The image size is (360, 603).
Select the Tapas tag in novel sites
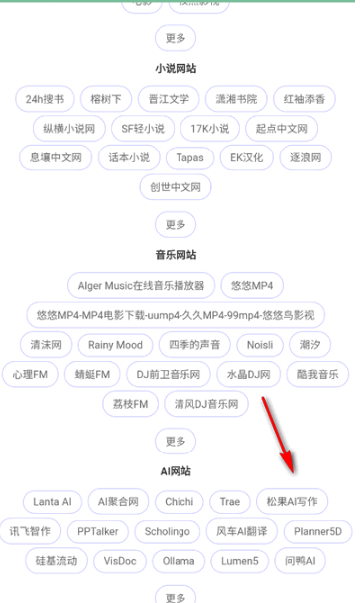[189, 157]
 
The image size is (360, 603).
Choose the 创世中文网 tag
[176, 187]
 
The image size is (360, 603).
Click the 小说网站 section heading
[176, 69]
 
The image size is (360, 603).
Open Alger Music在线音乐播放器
[141, 285]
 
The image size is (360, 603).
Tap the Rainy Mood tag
[115, 345]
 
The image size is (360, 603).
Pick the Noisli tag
[262, 345]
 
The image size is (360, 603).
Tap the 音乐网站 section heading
[176, 255]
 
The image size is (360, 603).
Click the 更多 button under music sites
[176, 441]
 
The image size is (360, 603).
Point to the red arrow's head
[291, 469]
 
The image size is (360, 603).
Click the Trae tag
[230, 501]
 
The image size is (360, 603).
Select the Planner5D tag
[317, 531]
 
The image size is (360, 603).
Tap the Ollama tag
[179, 561]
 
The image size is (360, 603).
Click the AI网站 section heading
[176, 471]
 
